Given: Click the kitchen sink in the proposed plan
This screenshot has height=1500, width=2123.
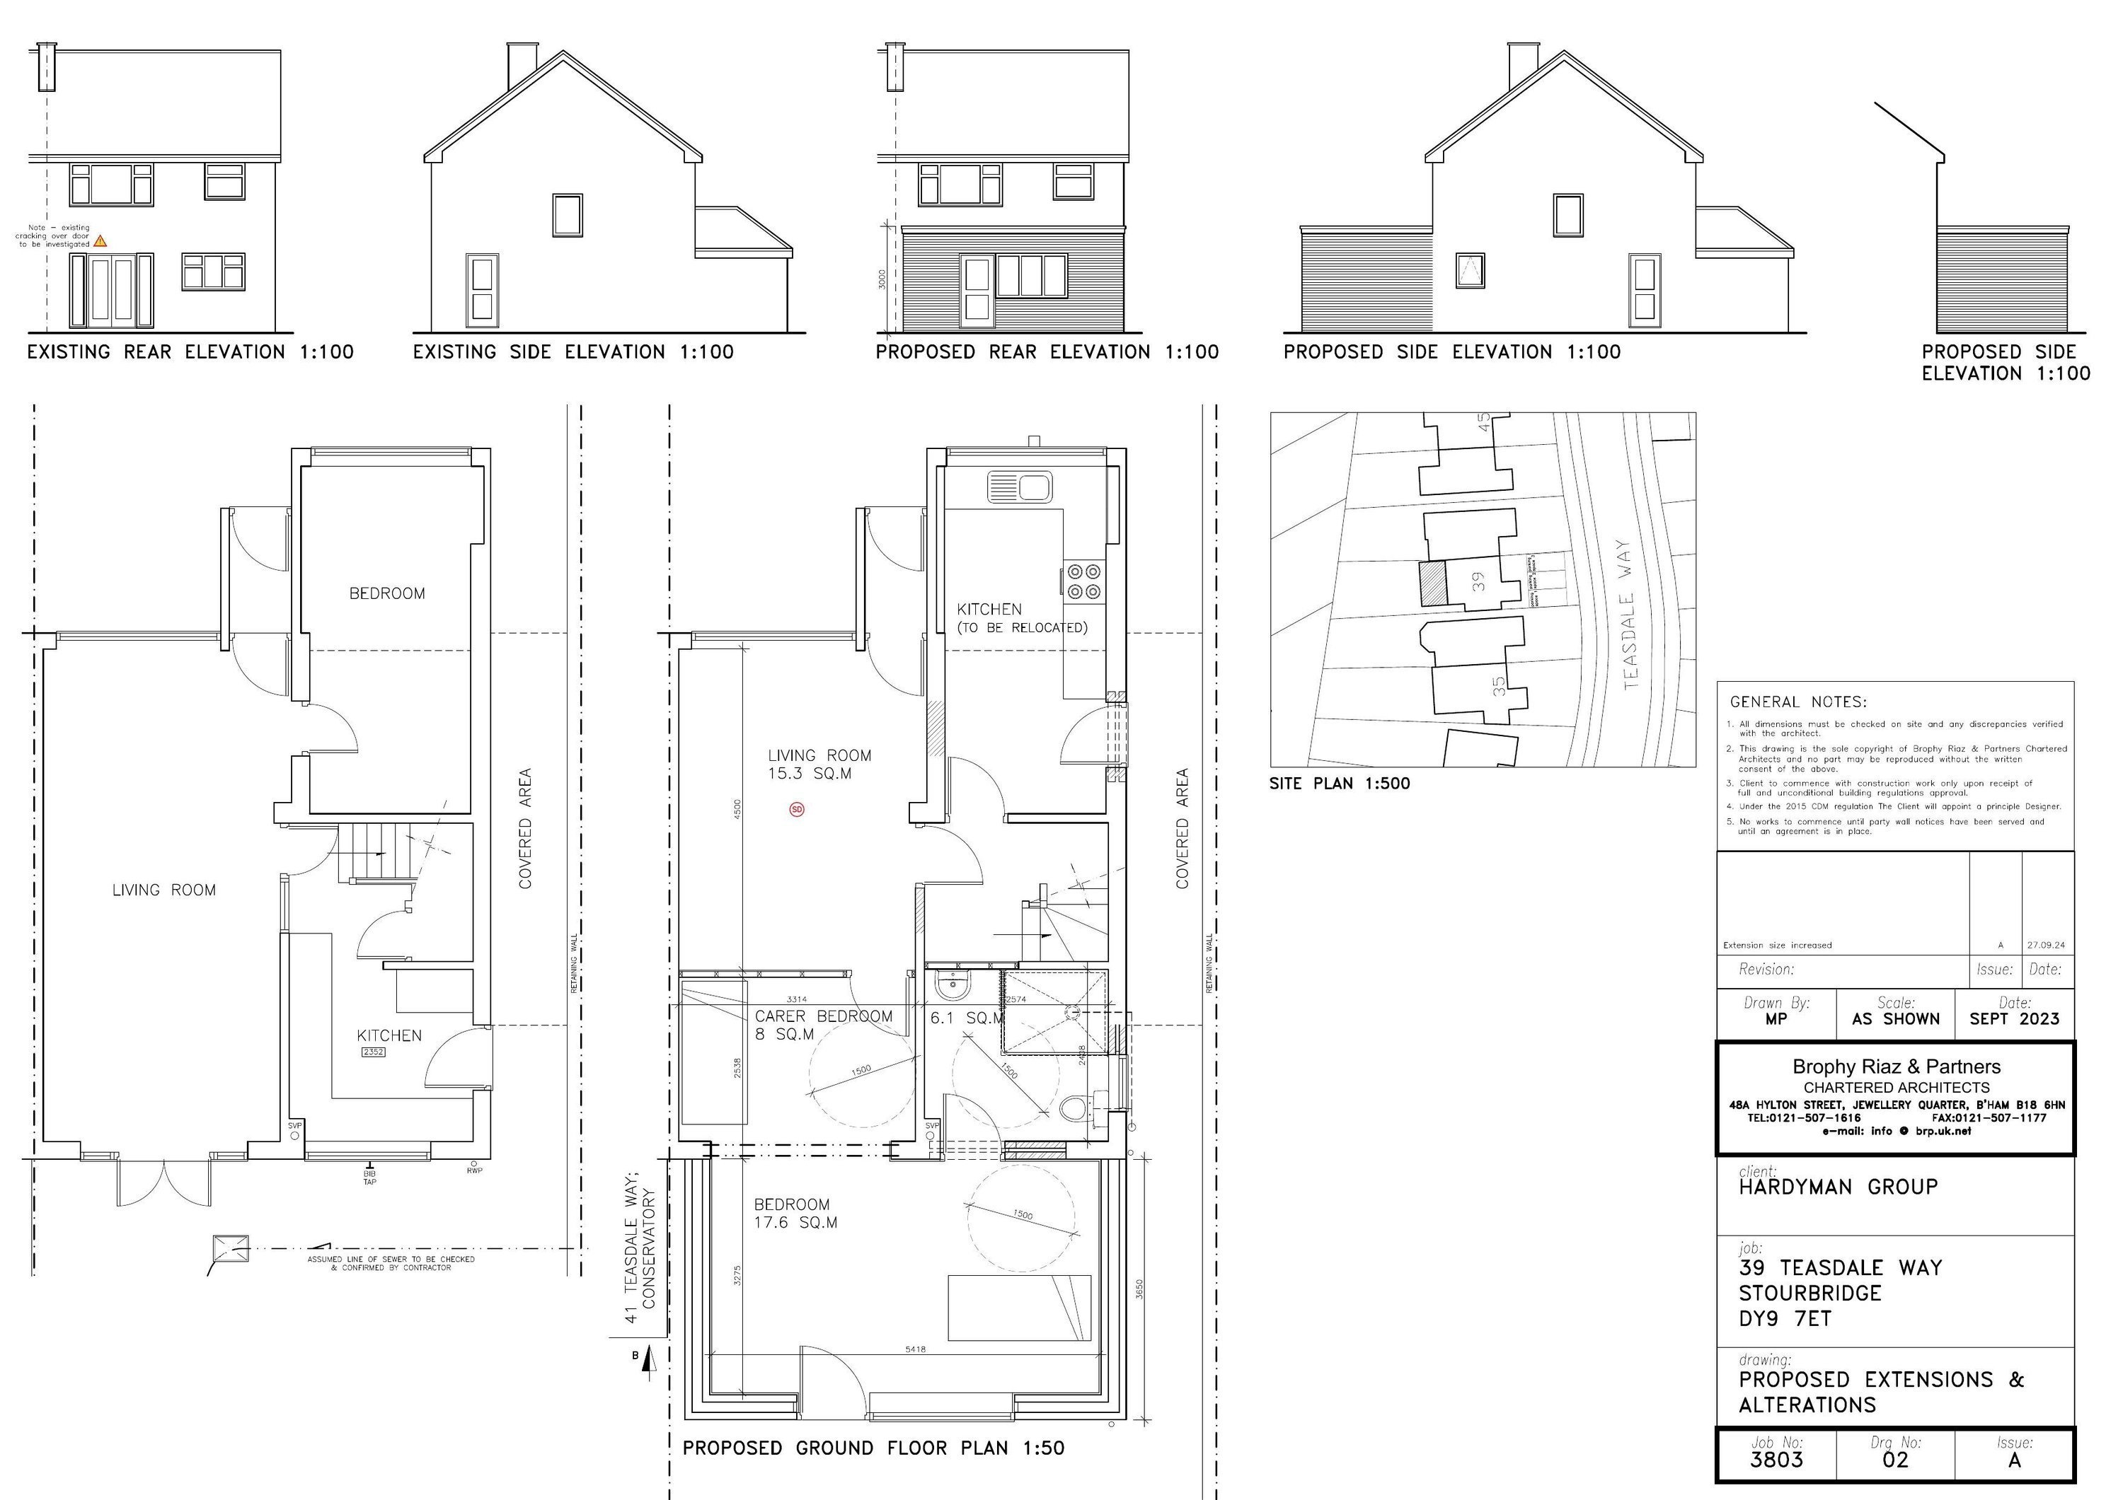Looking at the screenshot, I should (x=1020, y=486).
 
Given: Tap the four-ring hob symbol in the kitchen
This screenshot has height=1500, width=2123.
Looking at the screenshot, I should (x=1083, y=581).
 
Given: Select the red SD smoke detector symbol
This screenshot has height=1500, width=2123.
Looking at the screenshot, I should (x=797, y=810).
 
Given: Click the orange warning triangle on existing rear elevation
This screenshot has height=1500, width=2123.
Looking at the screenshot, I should (x=100, y=241).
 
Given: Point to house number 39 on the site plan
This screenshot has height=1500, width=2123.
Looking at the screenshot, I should (x=1478, y=581).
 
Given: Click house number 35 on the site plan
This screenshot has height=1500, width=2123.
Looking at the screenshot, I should (x=1499, y=686).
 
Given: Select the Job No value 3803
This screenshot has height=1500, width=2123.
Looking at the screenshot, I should (x=1776, y=1460).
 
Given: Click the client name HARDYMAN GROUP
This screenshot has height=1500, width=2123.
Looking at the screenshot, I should (x=1837, y=1187).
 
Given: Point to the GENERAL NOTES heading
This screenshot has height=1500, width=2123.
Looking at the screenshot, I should (x=1797, y=702).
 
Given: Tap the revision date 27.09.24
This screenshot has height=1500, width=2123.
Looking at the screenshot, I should (x=2045, y=946).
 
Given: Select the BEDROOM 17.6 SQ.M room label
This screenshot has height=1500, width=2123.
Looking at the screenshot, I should (x=795, y=1214).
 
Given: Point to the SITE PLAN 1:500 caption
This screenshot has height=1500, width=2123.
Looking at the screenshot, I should (x=1339, y=784).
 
